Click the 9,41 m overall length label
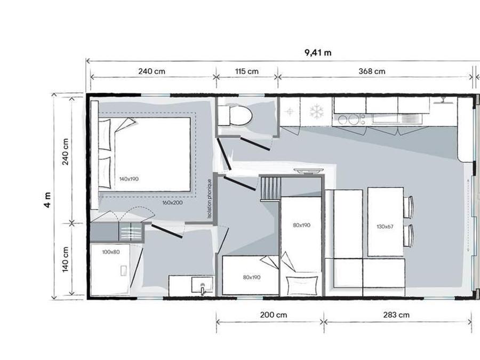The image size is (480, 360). [318, 53]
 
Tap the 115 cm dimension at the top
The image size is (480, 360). [247, 71]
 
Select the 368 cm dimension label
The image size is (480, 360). [372, 71]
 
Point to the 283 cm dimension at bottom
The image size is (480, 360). [396, 315]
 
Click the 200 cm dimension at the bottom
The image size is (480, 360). [274, 315]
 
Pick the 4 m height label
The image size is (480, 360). [47, 200]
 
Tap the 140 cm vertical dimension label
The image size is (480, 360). [65, 259]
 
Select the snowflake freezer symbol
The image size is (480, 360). [316, 112]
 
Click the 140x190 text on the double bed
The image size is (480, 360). [129, 179]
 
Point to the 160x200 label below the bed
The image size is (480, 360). [172, 203]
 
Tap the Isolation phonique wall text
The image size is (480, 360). [210, 199]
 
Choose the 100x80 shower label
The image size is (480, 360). [111, 252]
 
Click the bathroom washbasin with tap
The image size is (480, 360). [202, 285]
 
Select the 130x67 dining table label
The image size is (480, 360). [385, 227]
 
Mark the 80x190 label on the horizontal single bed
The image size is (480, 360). [252, 277]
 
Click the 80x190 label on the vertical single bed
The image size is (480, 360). [301, 225]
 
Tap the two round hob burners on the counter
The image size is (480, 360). [348, 119]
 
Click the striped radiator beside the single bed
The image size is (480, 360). [270, 189]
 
